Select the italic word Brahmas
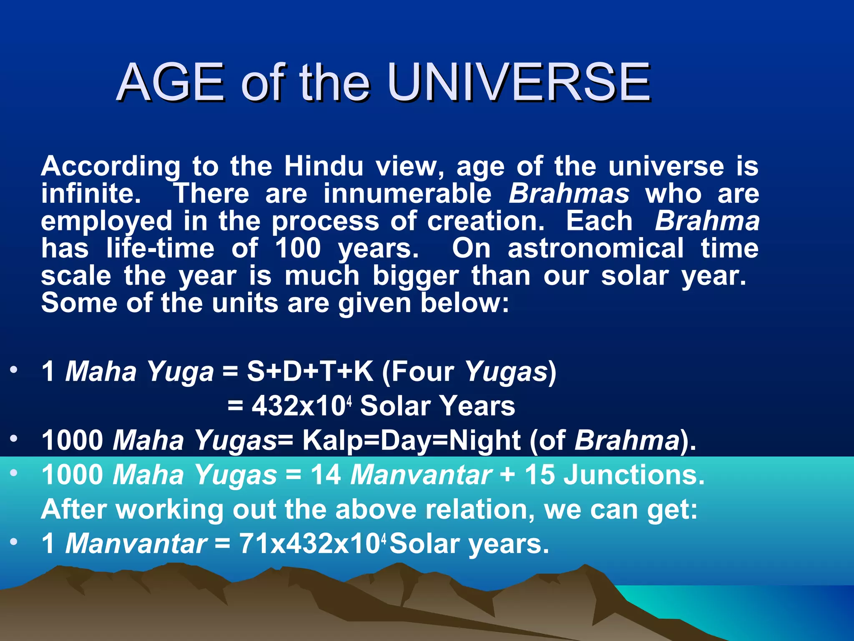coord(569,194)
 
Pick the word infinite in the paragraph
coord(91,194)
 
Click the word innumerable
coord(407,194)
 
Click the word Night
coord(484,440)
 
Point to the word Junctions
coord(634,475)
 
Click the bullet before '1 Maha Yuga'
coord(14,370)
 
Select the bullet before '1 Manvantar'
coord(14,542)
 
